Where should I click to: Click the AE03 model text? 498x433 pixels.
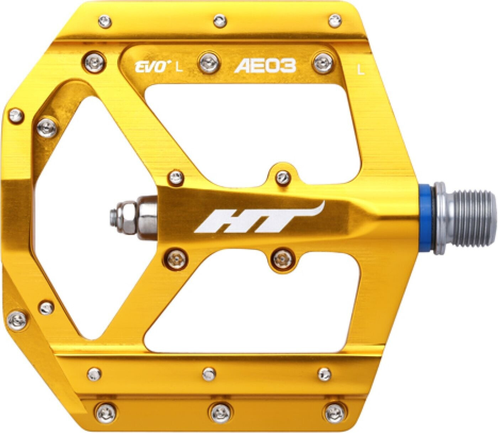click(x=265, y=66)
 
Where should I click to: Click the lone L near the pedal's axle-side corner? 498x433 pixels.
click(x=361, y=70)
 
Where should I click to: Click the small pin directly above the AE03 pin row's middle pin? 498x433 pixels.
click(x=220, y=20)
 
